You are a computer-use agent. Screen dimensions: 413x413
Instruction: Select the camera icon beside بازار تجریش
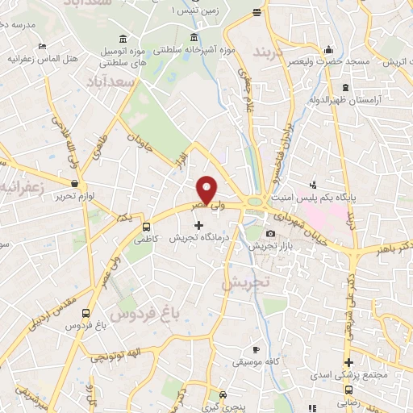[269, 234]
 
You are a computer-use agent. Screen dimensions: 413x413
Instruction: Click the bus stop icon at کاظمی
[146, 227]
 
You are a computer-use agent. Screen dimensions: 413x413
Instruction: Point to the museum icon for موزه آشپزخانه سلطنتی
[193, 39]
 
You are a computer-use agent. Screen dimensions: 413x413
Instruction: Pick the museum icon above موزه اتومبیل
[122, 40]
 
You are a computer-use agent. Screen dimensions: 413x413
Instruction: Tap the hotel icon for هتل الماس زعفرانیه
[43, 47]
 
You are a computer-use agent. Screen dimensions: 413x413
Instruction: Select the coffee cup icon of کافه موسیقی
[256, 350]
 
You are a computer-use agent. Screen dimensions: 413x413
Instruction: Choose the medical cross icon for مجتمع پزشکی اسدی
[348, 363]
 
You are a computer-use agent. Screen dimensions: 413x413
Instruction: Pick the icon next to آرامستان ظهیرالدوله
[345, 87]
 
